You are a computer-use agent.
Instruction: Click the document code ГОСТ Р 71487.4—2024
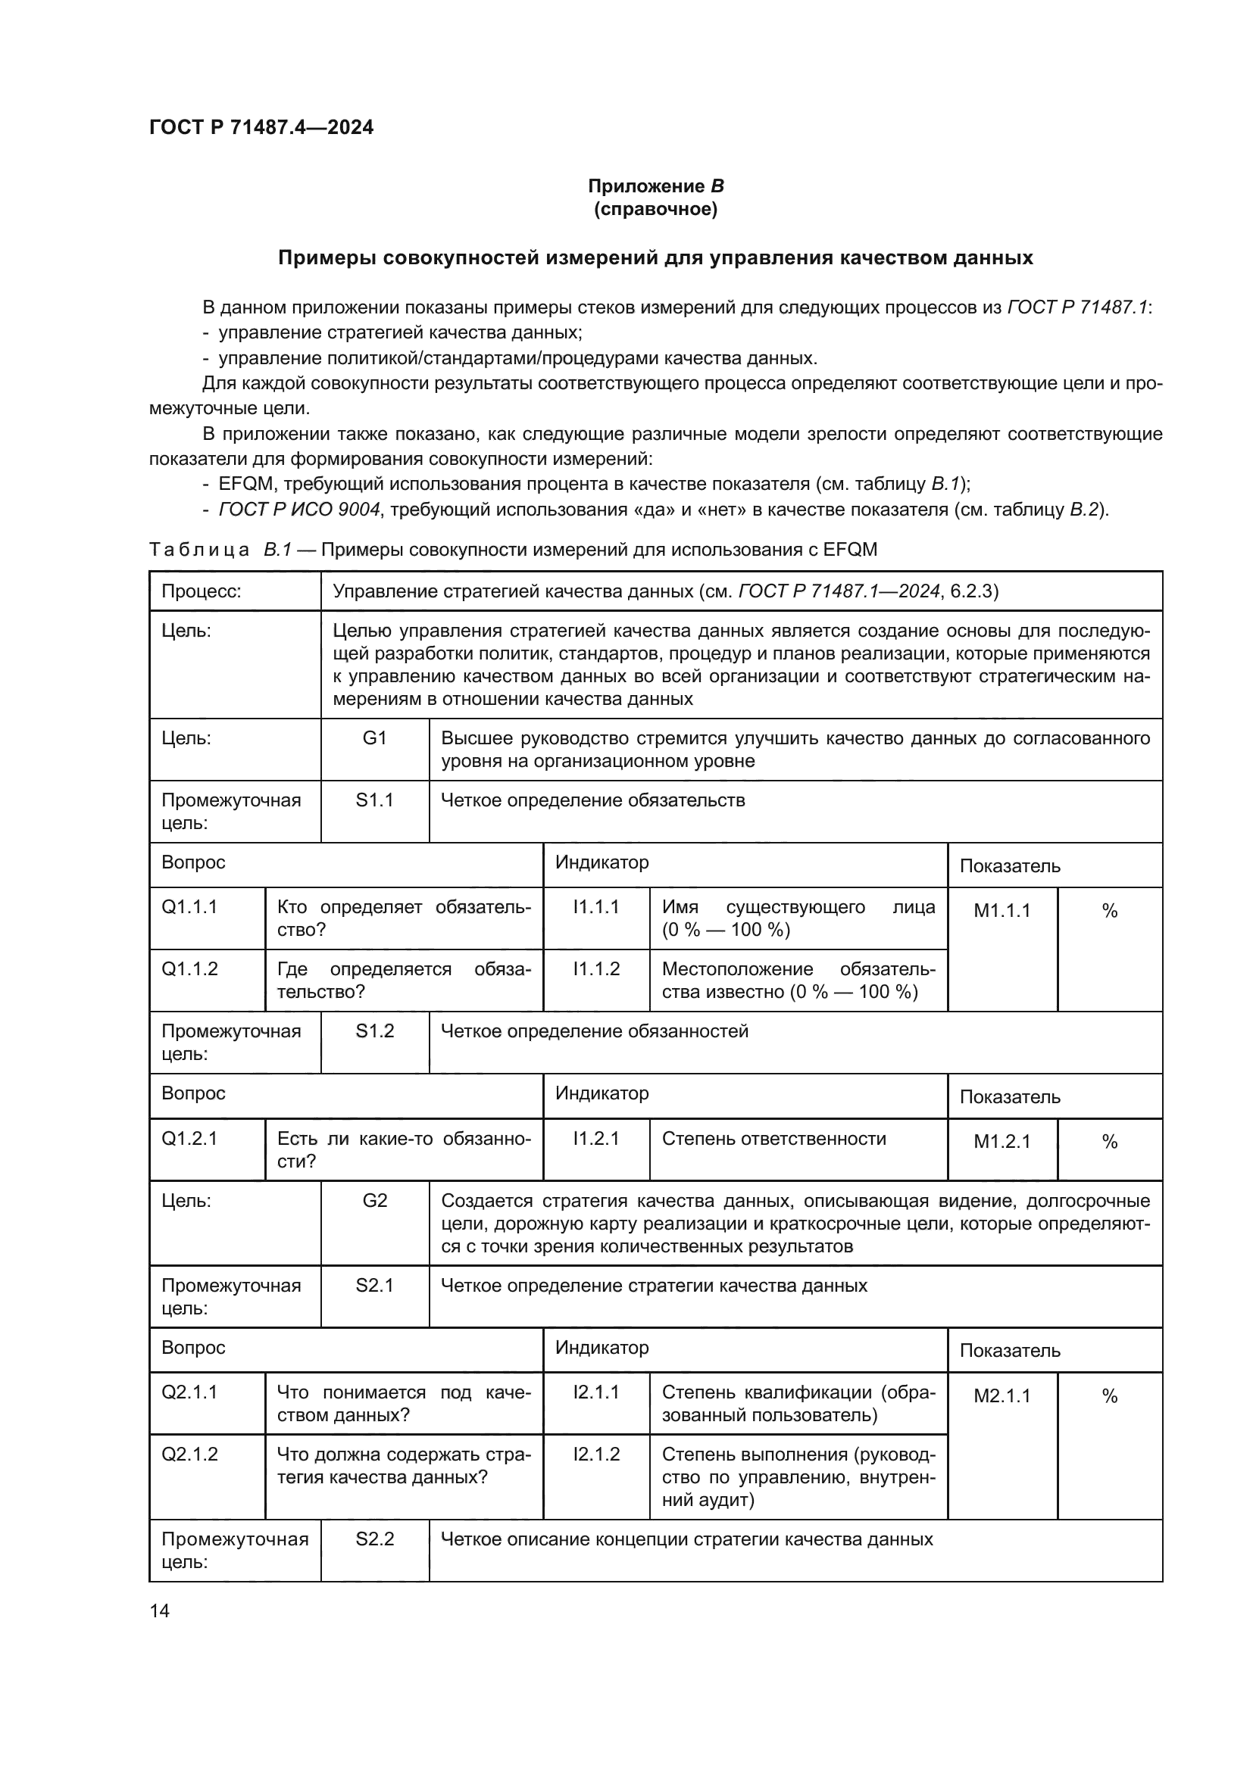pos(261,127)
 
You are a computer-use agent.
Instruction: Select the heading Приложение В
pos(656,186)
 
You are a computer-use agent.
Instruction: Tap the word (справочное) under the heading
pos(656,210)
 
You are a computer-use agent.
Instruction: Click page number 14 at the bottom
pos(160,1610)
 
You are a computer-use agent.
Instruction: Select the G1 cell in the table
pos(374,738)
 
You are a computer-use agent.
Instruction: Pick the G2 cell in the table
pos(374,1201)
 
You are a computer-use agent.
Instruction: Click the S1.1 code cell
pos(374,800)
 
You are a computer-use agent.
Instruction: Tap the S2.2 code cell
pos(374,1539)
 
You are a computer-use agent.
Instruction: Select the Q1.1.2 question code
pos(190,969)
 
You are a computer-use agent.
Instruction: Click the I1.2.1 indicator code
pos(595,1139)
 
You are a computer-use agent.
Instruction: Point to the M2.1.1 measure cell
pos(1001,1396)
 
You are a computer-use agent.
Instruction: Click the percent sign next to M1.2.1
pos(1110,1142)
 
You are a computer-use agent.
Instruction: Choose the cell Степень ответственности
pos(774,1139)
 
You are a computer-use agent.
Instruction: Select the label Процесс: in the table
pos(202,591)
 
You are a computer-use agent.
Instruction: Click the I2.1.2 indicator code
pos(595,1455)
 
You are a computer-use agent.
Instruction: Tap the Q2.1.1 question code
pos(190,1392)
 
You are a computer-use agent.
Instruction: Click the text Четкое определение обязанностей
pos(594,1031)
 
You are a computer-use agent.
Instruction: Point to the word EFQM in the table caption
pos(850,550)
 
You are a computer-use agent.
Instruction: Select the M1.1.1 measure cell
pos(1001,911)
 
